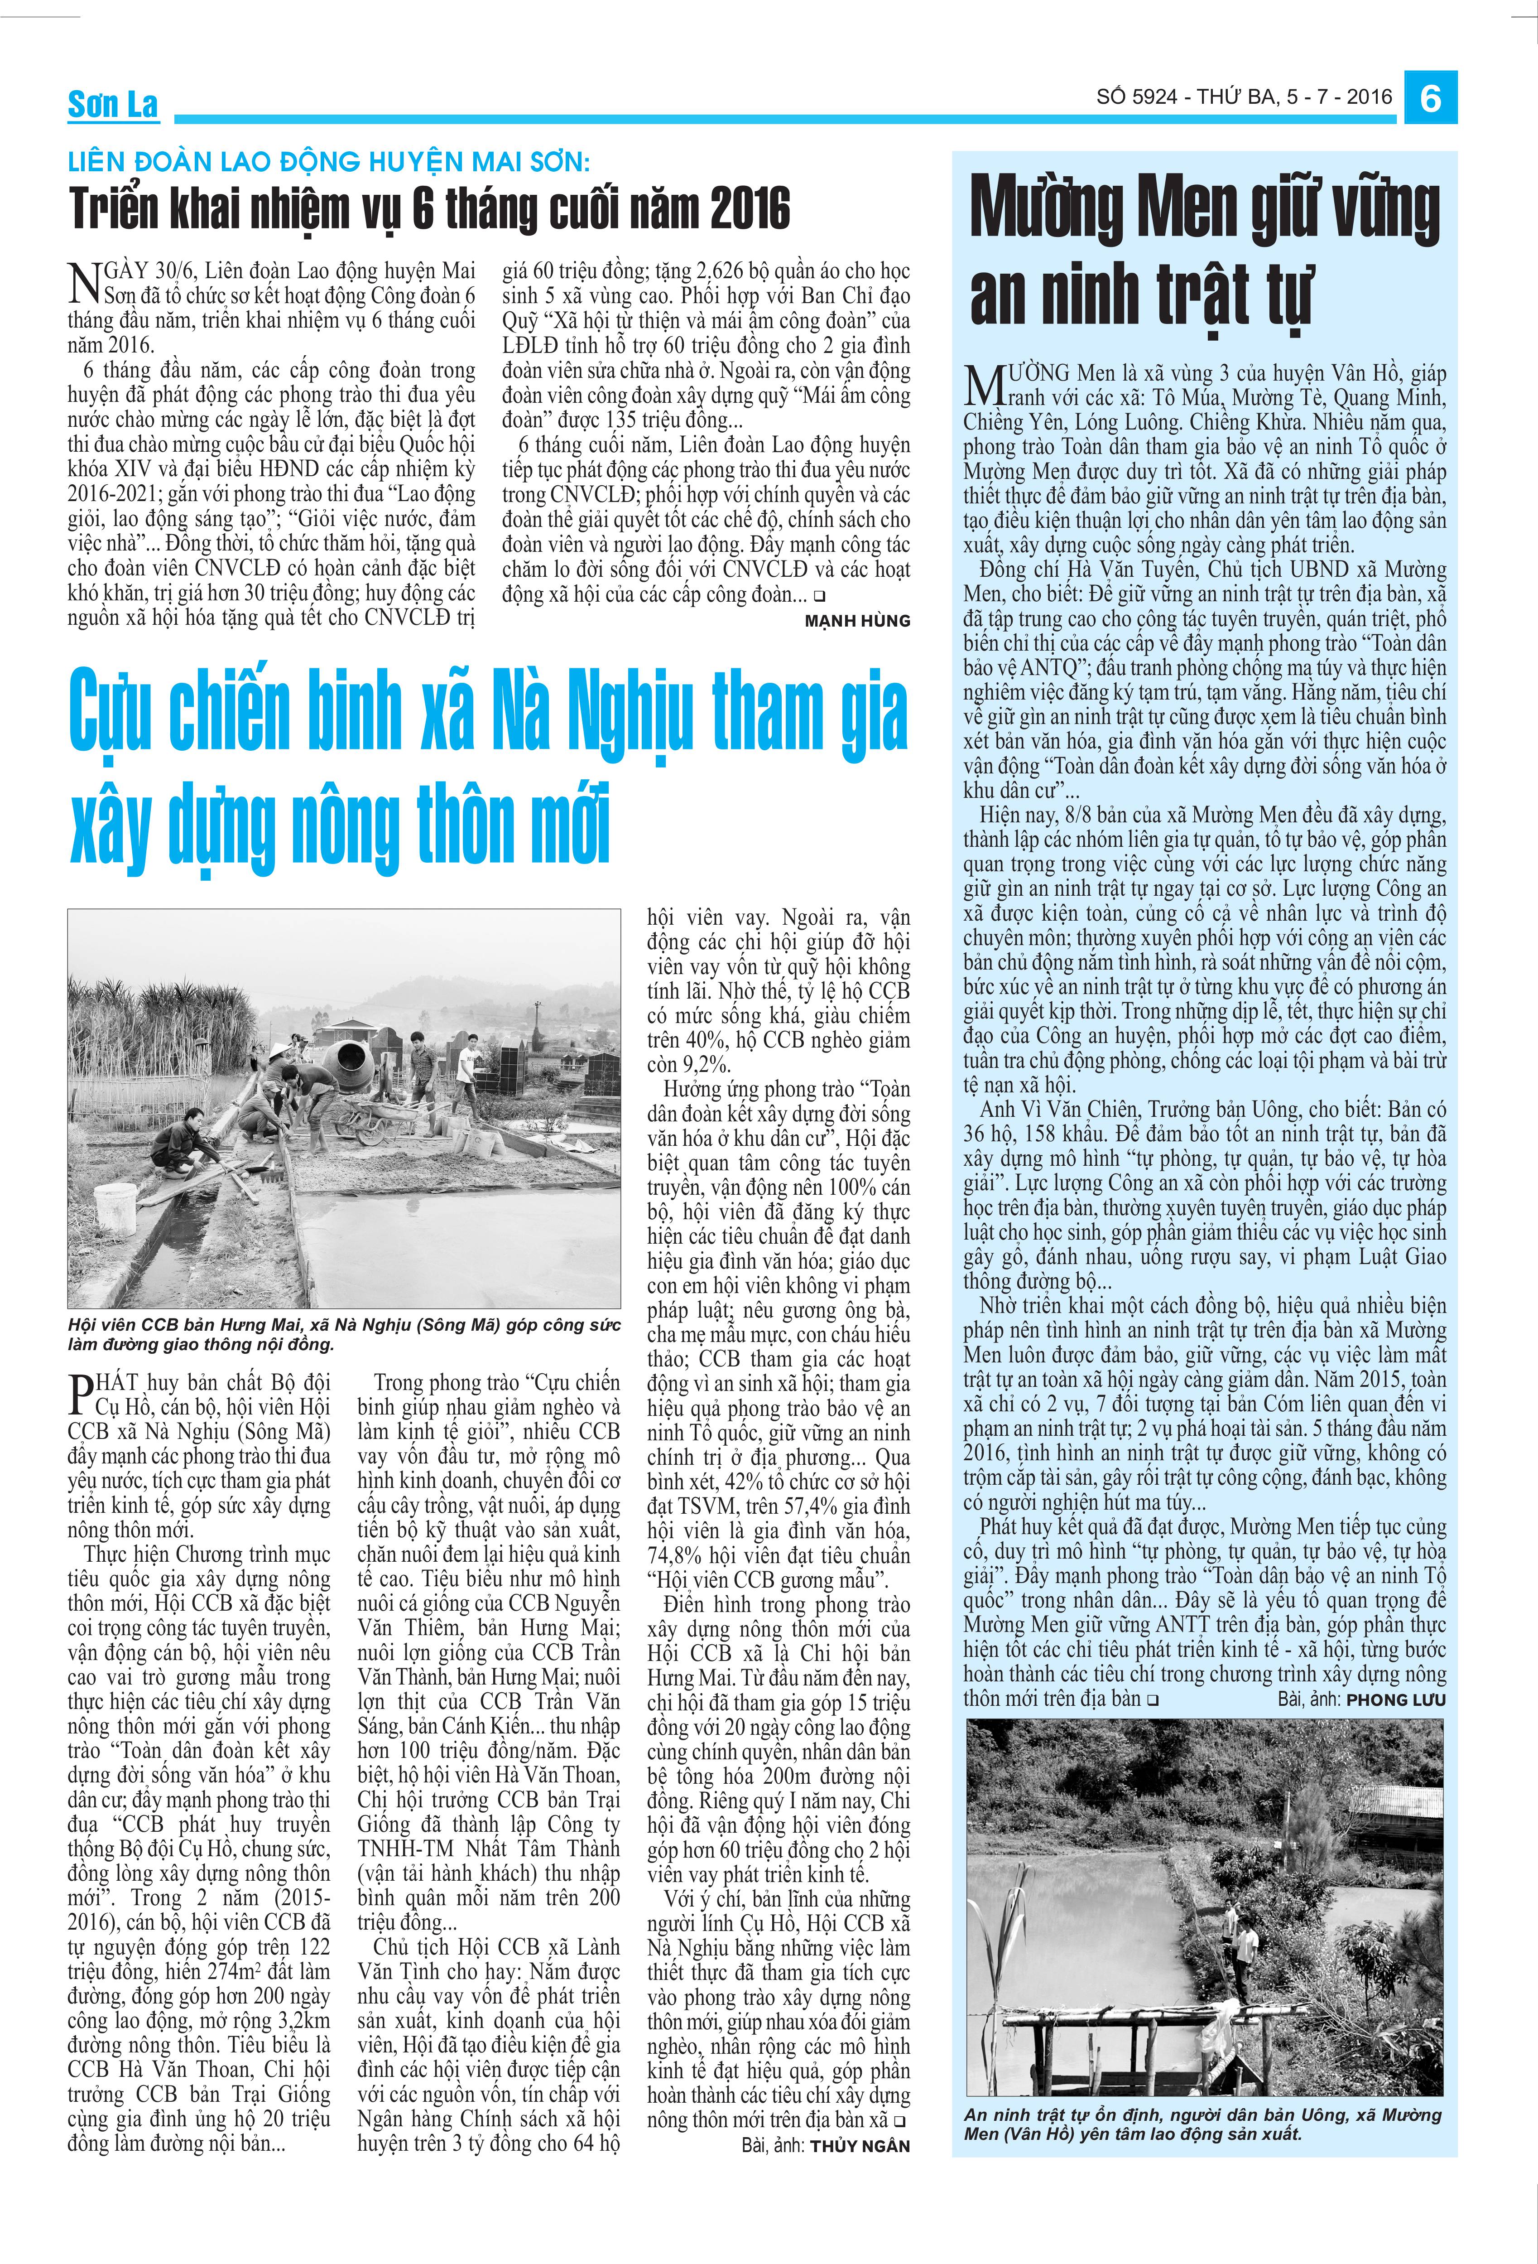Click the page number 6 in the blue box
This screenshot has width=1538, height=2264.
click(1430, 98)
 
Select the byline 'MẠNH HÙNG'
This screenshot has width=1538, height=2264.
click(857, 621)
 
